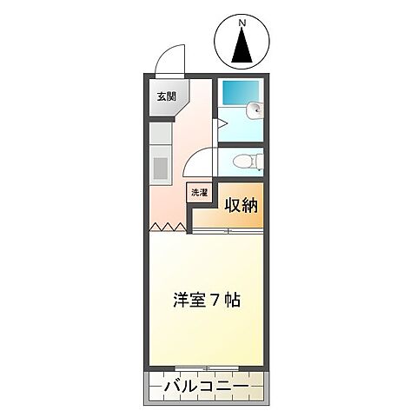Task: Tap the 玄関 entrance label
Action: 166,96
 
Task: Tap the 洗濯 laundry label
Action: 199,193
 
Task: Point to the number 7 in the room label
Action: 215,300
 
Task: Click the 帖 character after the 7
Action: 231,300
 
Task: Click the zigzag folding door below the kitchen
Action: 168,228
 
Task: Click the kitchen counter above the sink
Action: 160,134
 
